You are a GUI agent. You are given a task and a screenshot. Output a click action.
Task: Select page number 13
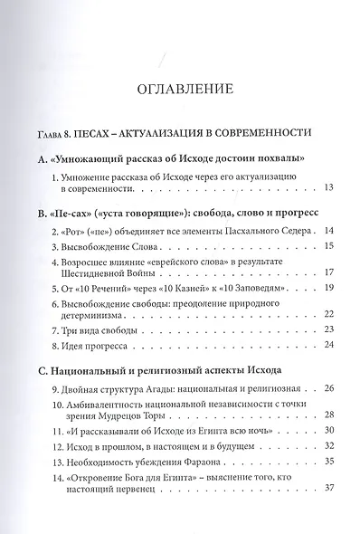pyautogui.click(x=329, y=187)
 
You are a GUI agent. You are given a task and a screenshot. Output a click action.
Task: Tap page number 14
pyautogui.click(x=329, y=231)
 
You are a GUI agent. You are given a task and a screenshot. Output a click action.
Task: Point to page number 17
pyautogui.click(x=329, y=272)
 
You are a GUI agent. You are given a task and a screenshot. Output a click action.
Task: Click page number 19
pyautogui.click(x=329, y=288)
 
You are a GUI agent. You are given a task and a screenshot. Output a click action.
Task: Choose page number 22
pyautogui.click(x=329, y=314)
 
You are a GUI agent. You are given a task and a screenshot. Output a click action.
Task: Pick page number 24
pyautogui.click(x=329, y=345)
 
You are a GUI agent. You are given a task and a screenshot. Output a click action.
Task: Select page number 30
pyautogui.click(x=329, y=431)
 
